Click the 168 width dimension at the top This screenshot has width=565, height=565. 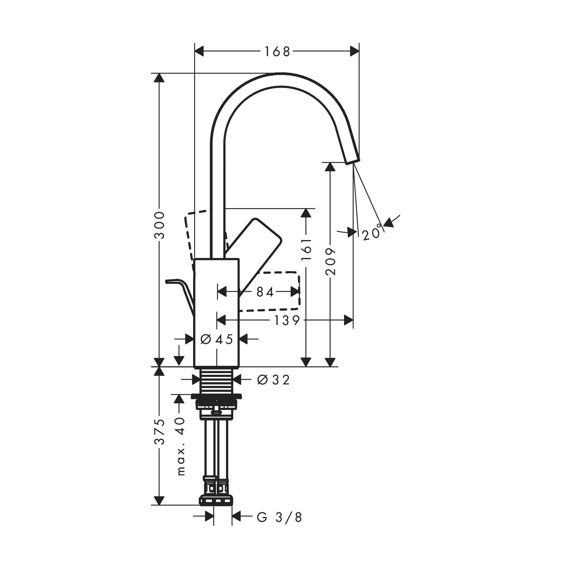pyautogui.click(x=277, y=51)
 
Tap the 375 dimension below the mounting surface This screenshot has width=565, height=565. pyautogui.click(x=160, y=431)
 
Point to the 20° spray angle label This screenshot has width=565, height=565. pyautogui.click(x=371, y=234)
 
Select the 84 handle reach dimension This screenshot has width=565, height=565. pyautogui.click(x=265, y=292)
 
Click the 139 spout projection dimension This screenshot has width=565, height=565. pyautogui.click(x=287, y=320)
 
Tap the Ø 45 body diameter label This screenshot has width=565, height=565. pyautogui.click(x=217, y=339)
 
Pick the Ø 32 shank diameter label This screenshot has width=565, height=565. pyautogui.click(x=273, y=380)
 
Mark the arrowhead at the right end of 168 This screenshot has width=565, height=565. pyautogui.click(x=355, y=51)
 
